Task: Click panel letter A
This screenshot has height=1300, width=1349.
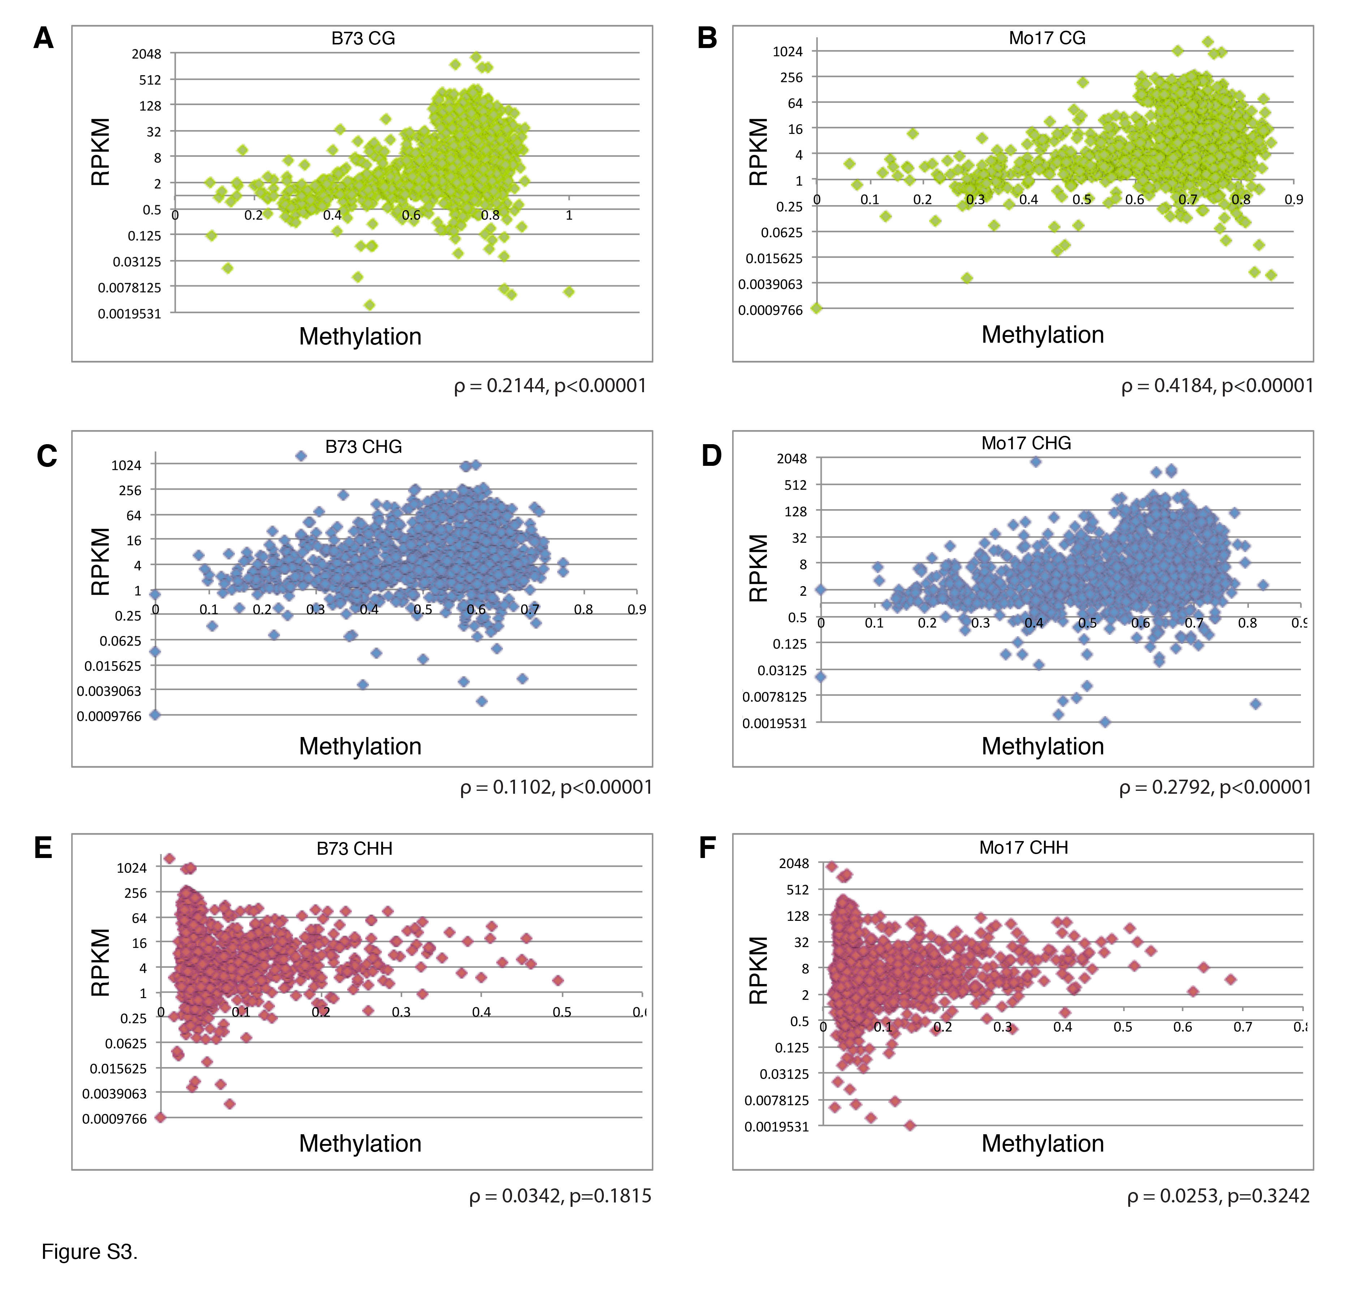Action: pos(43,39)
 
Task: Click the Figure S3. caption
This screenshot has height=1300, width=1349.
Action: pos(90,1251)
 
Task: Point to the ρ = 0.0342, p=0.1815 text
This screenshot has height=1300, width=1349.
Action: pos(559,1196)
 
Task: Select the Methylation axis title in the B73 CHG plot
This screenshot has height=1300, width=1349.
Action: pos(360,746)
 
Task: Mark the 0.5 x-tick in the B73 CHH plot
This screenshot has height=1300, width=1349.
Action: pos(562,1012)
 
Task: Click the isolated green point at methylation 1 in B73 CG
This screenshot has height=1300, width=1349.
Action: pos(568,292)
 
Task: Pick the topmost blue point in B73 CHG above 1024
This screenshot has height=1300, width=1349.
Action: pos(301,455)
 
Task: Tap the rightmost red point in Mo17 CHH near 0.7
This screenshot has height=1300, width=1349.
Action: pos(1230,979)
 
